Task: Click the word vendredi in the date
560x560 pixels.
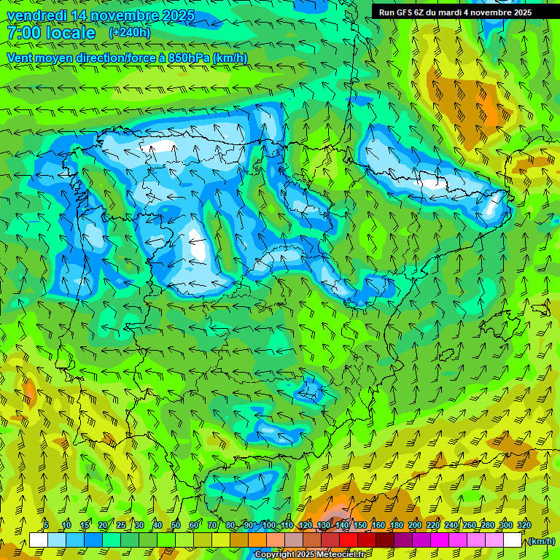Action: (36, 15)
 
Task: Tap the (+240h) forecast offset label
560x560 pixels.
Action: (129, 33)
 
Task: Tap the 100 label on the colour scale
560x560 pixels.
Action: (269, 526)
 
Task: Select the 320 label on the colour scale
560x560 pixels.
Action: (524, 526)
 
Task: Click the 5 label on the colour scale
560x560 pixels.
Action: (46, 526)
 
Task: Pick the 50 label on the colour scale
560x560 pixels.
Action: (175, 526)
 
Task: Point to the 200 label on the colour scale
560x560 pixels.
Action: (415, 526)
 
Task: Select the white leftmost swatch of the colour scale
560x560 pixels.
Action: (39, 540)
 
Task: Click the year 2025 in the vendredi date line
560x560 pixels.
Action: (178, 15)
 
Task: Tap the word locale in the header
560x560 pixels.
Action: (70, 33)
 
